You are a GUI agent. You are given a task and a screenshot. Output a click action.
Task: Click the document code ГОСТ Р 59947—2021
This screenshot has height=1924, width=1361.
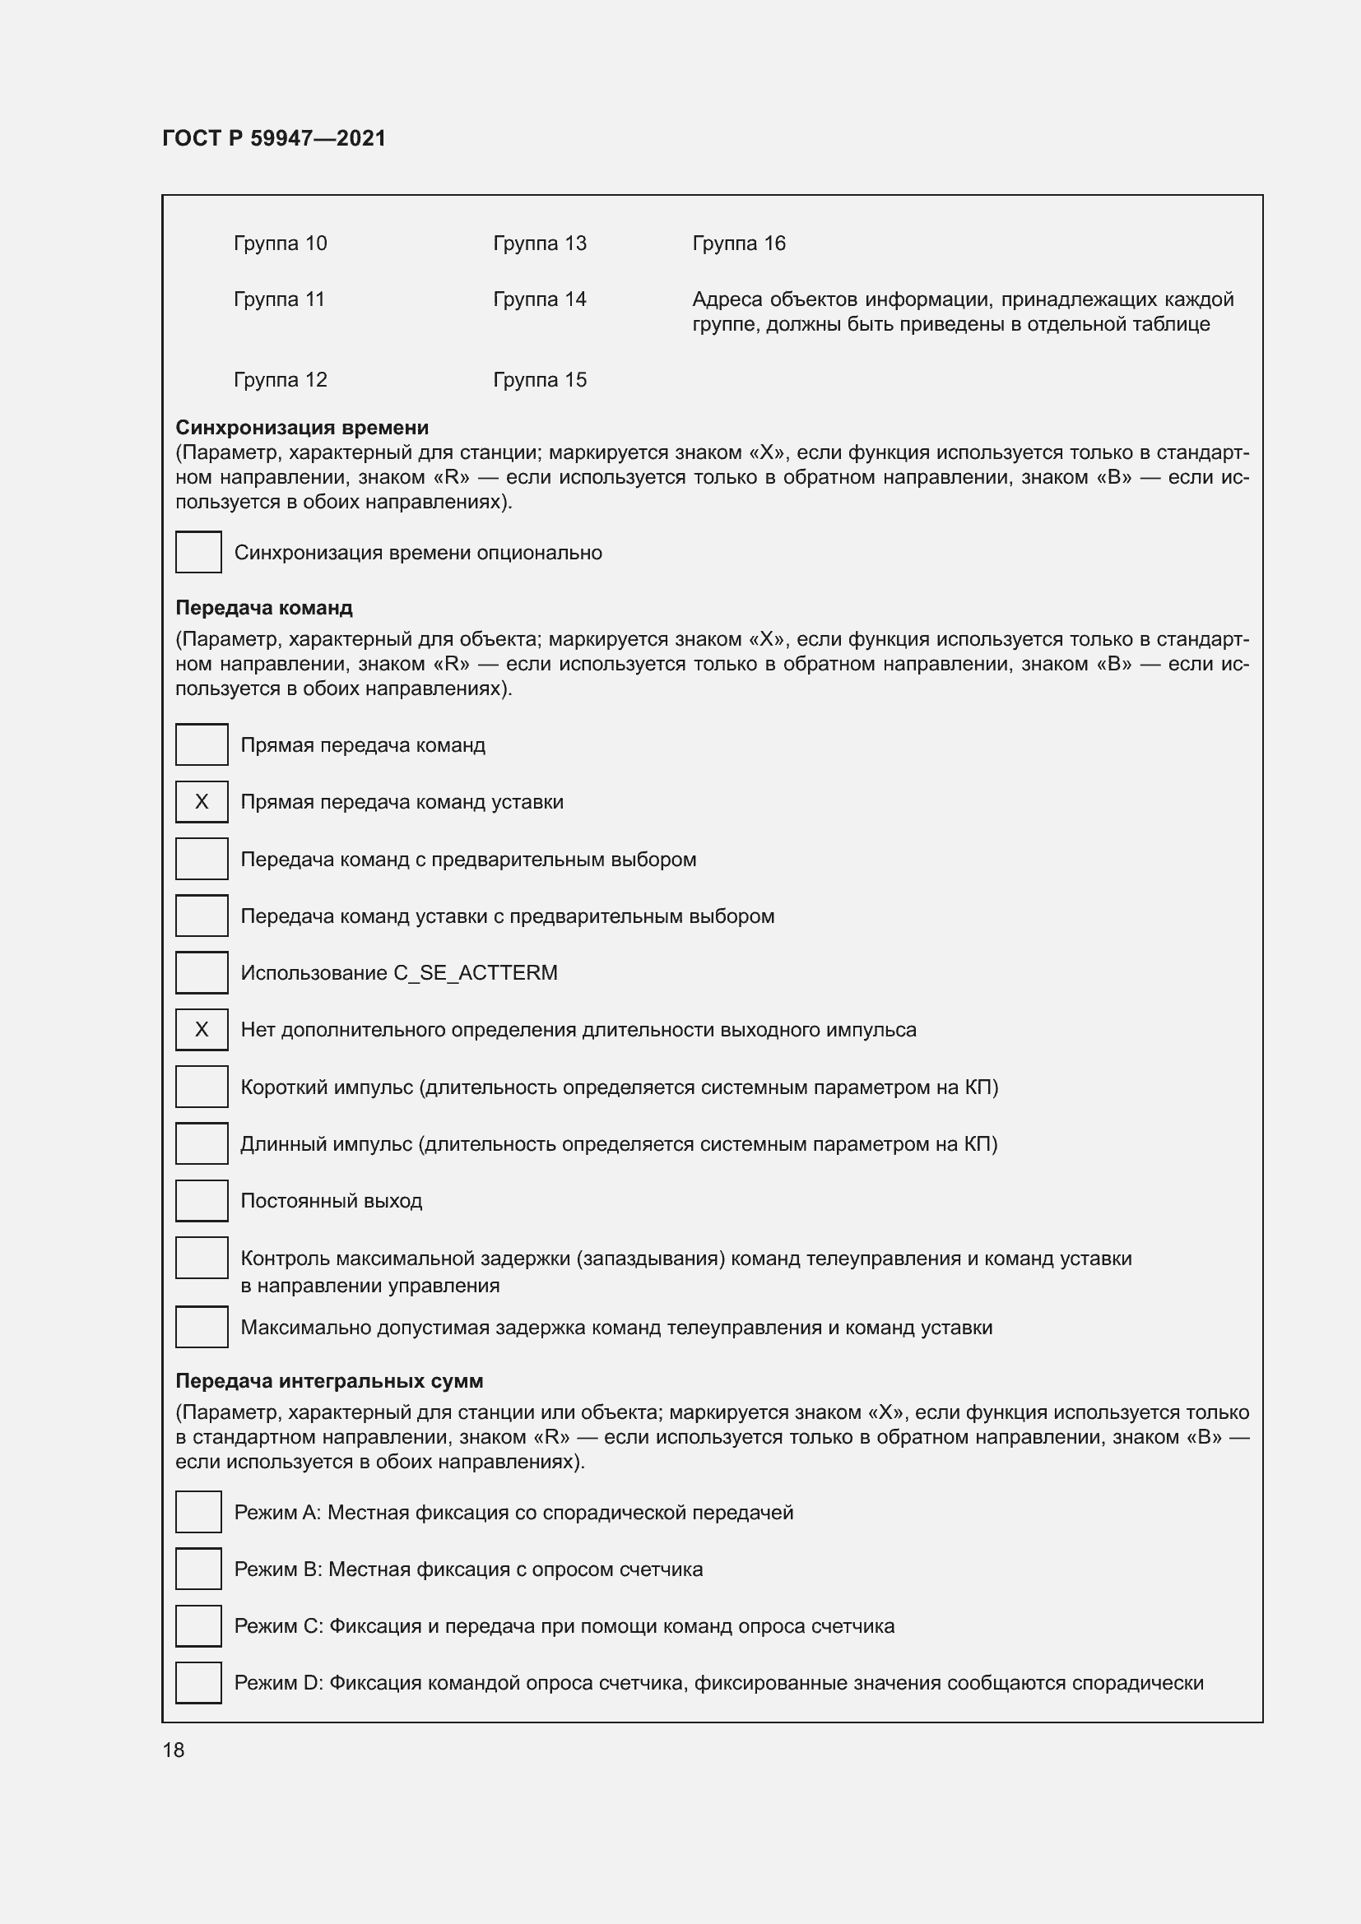(x=274, y=138)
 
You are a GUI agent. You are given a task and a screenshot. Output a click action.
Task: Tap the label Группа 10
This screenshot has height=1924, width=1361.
(x=280, y=243)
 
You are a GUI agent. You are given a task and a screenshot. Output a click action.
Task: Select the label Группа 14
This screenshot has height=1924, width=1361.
(x=539, y=299)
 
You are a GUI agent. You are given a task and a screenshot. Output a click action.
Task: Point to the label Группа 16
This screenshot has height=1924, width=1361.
(x=738, y=243)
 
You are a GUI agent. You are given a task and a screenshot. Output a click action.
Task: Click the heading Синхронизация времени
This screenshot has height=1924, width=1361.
(x=302, y=428)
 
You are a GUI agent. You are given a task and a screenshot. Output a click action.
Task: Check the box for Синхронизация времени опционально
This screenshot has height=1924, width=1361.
(x=198, y=552)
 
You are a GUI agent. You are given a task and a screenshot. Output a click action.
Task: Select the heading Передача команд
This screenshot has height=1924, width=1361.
(x=263, y=608)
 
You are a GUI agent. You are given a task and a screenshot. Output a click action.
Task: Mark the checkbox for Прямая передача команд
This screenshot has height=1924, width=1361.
(x=201, y=745)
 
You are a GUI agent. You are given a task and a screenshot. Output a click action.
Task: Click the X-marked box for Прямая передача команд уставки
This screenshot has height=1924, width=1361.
(x=201, y=802)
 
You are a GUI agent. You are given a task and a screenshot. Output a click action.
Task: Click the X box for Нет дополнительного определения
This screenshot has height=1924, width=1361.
(x=201, y=1030)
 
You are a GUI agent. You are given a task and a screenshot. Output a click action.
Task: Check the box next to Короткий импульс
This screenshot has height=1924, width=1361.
(x=201, y=1087)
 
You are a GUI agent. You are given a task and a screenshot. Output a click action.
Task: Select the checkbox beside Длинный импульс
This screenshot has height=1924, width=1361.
(x=201, y=1144)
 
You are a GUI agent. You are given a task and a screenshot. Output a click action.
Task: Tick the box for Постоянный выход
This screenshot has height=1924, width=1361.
(x=201, y=1201)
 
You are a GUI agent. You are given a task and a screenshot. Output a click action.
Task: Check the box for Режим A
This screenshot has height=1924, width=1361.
(x=198, y=1513)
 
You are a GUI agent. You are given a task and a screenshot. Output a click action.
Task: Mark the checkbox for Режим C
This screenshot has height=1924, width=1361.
(x=198, y=1626)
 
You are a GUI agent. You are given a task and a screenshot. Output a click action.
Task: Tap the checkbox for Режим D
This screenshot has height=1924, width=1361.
(x=198, y=1684)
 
